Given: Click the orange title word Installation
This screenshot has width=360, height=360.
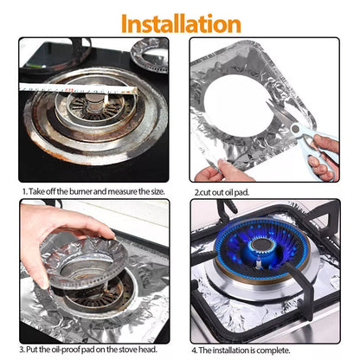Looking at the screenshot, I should [180, 22].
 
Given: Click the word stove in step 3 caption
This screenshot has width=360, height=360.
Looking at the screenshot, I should [129, 349].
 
